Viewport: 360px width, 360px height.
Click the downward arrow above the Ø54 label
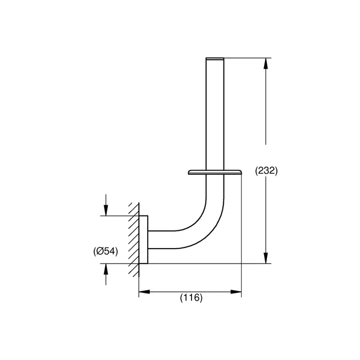106,210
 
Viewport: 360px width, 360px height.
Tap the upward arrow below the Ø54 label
106,269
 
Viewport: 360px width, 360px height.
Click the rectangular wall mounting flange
143,239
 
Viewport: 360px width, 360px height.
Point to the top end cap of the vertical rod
215,58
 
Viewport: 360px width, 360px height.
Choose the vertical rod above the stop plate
215,112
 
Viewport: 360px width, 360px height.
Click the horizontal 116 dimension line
190,292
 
